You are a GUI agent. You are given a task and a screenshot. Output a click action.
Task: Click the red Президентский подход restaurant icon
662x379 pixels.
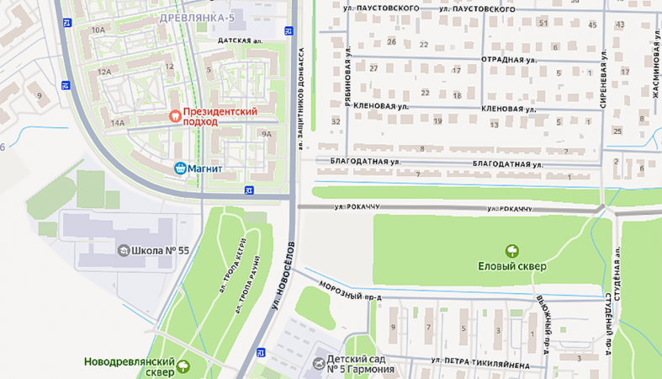(175, 115)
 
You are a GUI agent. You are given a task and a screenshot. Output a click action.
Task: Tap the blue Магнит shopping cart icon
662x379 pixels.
(179, 168)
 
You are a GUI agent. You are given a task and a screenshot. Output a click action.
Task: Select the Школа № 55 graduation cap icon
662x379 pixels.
(124, 250)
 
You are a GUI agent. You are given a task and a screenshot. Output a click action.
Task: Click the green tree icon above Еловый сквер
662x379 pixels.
(511, 250)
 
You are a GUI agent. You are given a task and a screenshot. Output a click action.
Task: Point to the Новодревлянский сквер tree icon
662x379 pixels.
(183, 366)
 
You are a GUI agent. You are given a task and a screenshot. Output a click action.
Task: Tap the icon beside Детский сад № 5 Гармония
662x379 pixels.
(318, 364)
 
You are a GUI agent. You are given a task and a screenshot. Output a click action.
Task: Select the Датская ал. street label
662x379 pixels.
(240, 40)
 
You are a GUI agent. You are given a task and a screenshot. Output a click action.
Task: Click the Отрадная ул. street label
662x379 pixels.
(508, 61)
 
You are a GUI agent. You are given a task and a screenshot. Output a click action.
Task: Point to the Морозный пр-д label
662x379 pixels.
(350, 291)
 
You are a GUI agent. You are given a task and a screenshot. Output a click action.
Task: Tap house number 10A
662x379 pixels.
(98, 29)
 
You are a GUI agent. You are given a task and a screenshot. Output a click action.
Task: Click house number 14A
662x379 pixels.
(117, 123)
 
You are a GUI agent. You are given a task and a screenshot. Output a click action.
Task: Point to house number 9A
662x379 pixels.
(267, 134)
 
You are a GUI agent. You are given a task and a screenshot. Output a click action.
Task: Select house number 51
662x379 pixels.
(543, 23)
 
